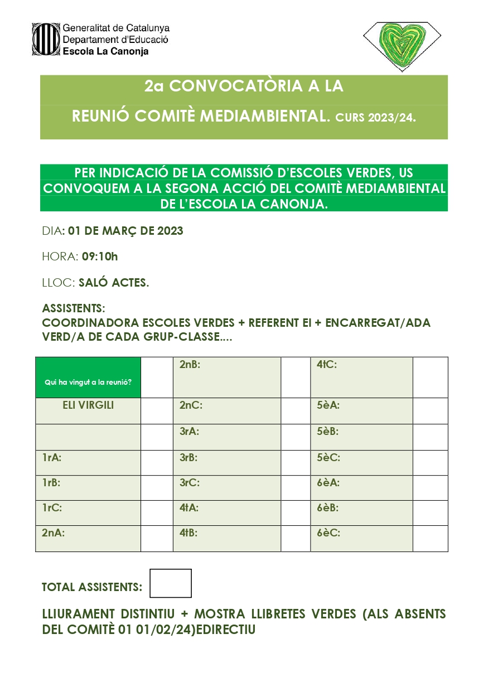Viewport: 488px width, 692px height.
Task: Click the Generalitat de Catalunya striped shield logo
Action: pos(45,38)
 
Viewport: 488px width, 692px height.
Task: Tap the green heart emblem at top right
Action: pos(402,46)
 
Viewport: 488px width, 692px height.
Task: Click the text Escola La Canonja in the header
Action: pos(106,51)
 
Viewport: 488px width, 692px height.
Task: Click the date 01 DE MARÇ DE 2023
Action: pos(125,231)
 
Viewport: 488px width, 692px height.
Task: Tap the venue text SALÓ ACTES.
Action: pos(114,283)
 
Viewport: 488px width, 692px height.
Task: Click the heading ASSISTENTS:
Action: pos(74,308)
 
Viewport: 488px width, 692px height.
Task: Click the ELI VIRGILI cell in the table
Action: pos(88,406)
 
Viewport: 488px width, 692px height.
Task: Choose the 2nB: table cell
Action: pos(226,377)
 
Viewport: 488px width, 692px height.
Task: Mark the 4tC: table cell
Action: pos(361,377)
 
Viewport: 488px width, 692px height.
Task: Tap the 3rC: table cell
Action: pos(226,483)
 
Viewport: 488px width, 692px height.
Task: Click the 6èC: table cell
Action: pos(361,533)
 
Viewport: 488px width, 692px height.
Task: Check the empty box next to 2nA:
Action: pos(157,539)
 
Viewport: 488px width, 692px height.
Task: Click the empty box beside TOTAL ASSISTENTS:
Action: pos(171,583)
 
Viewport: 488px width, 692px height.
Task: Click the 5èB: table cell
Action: pos(361,432)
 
